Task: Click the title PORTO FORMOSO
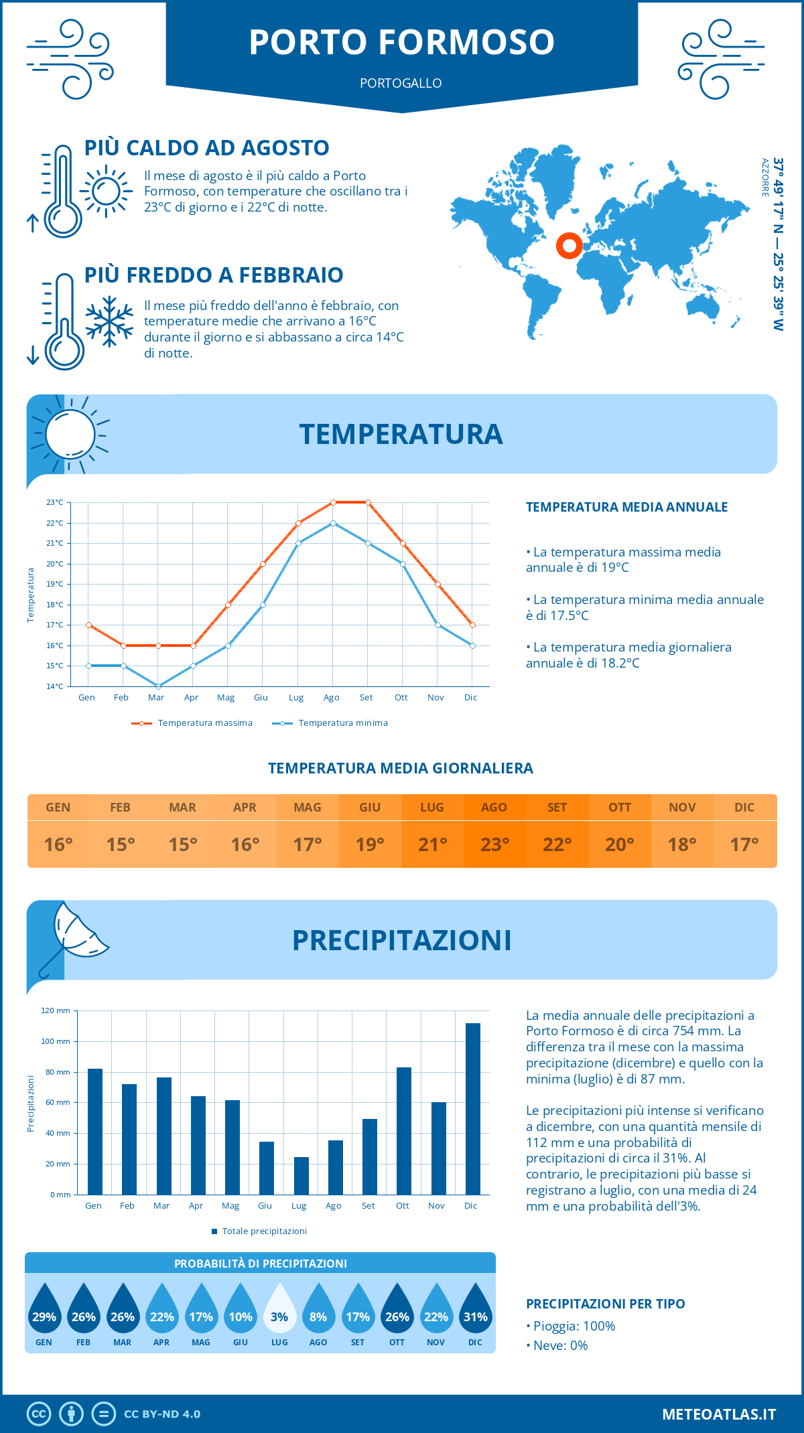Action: click(x=401, y=42)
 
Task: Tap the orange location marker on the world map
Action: click(x=569, y=246)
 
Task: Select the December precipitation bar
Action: click(x=472, y=1108)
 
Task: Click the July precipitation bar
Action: click(x=301, y=1175)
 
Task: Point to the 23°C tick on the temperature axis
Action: click(x=55, y=502)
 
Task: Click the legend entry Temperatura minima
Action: click(x=342, y=723)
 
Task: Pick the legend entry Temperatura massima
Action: click(x=204, y=723)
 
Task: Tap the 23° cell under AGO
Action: click(x=494, y=844)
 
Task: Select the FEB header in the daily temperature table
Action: click(x=121, y=808)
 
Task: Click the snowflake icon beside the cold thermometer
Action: click(x=109, y=321)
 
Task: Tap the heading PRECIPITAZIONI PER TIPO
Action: click(x=605, y=1304)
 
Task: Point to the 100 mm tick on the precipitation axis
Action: click(x=56, y=1041)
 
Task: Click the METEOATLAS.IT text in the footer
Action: click(x=718, y=1414)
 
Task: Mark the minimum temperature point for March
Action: click(x=158, y=686)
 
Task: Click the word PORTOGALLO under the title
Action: click(x=401, y=83)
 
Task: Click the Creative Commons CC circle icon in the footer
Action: click(x=39, y=1414)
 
